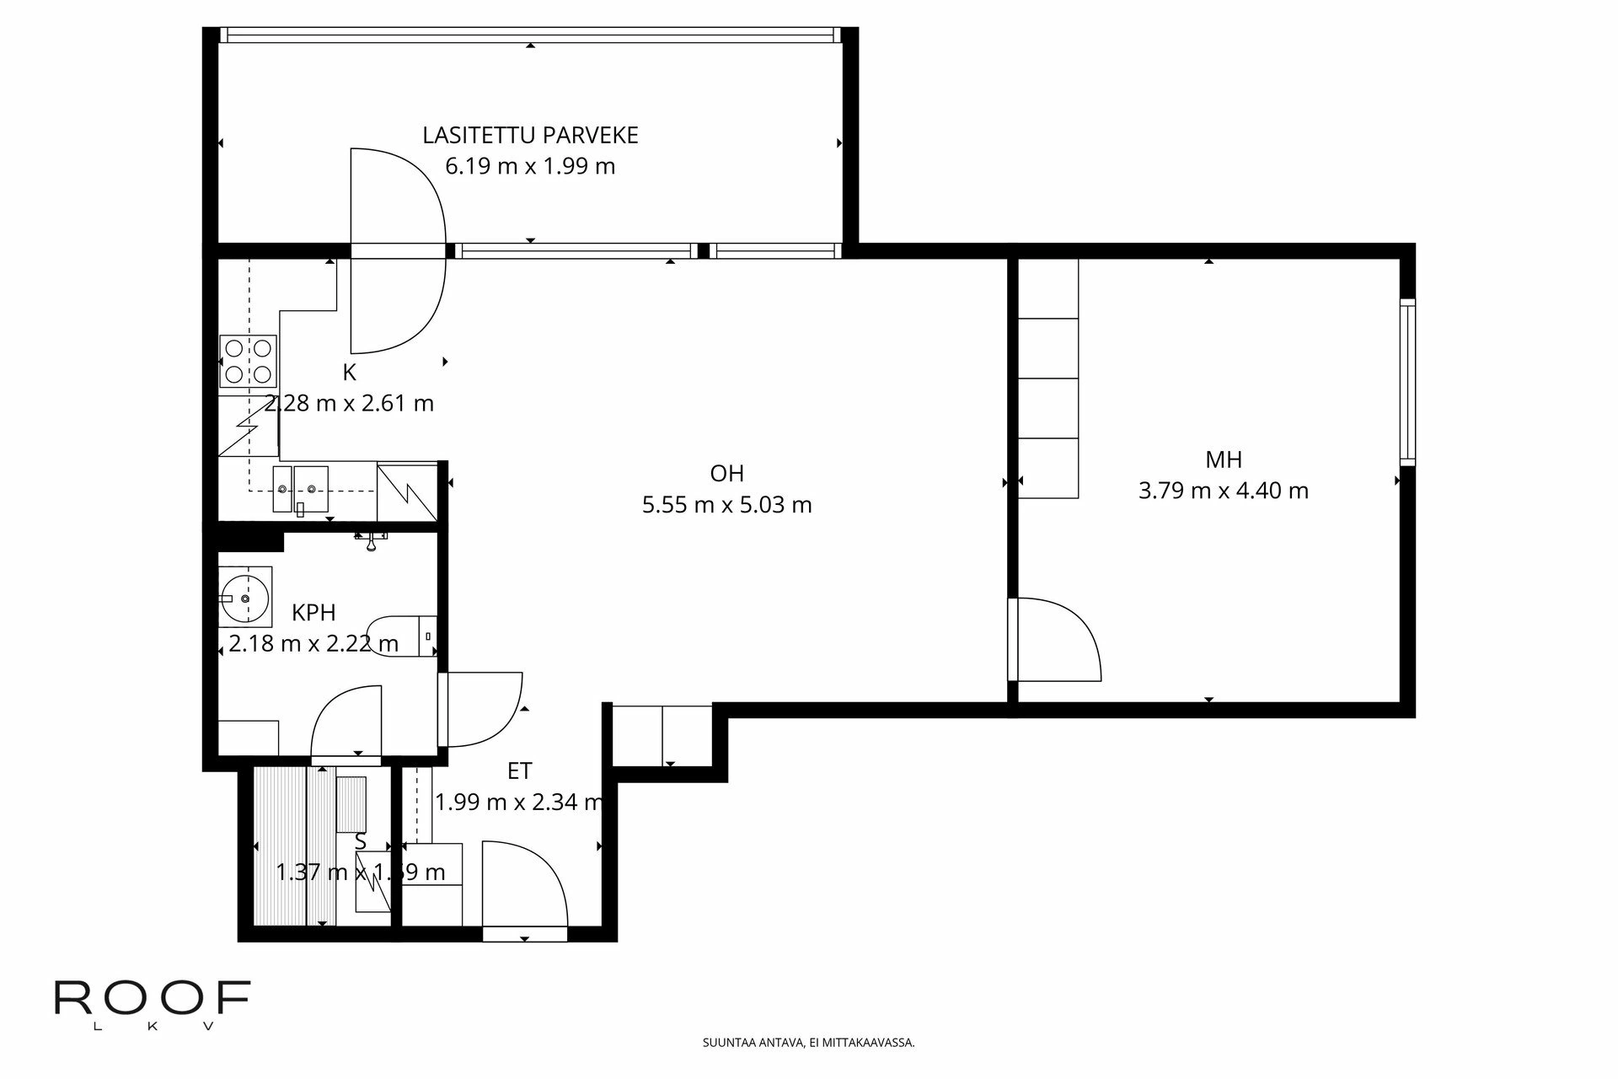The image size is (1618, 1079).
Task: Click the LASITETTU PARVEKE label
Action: click(530, 135)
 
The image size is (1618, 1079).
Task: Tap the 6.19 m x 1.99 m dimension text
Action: click(530, 166)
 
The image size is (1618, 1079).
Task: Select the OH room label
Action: click(726, 473)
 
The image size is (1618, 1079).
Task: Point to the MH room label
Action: click(1223, 459)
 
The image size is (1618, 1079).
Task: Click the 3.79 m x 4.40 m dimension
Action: click(1223, 491)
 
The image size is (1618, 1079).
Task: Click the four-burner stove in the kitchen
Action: click(248, 361)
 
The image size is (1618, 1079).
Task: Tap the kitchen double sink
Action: click(301, 488)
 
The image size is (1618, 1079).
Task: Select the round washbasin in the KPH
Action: click(245, 598)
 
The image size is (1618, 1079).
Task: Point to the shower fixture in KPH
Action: click(370, 539)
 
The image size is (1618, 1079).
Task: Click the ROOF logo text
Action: click(153, 998)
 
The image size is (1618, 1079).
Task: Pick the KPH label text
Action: click(313, 612)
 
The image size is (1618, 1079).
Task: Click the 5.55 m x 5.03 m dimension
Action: click(726, 505)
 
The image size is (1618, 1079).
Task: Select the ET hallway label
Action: click(519, 770)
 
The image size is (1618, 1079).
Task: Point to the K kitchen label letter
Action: click(349, 372)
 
